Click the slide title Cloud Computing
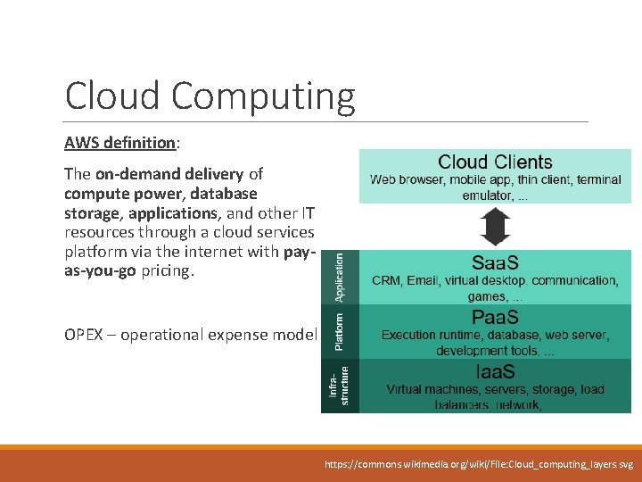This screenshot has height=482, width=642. click(x=210, y=96)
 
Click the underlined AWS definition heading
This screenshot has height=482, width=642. click(x=119, y=142)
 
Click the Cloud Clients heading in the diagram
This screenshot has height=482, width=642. click(x=495, y=162)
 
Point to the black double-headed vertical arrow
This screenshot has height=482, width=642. click(x=495, y=226)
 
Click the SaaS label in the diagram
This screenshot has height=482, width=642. click(x=495, y=263)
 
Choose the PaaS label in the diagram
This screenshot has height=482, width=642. click(x=495, y=319)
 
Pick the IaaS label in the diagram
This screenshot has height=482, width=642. click(x=495, y=372)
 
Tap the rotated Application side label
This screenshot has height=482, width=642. click(x=339, y=277)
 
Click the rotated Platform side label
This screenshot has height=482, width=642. click(x=339, y=330)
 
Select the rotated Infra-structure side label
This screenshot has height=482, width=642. click(x=339, y=386)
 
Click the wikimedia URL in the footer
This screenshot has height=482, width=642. click(x=479, y=465)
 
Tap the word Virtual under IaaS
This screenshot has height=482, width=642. click(x=407, y=389)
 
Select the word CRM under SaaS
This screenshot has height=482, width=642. click(x=388, y=280)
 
